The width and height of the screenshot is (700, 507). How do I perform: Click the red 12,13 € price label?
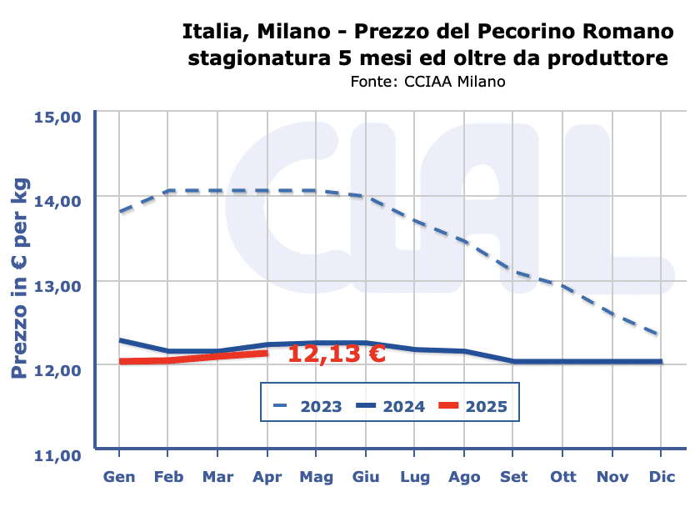coord(336,354)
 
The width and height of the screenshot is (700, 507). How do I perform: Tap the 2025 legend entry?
coord(487,407)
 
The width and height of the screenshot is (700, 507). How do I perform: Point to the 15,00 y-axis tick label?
coord(57,116)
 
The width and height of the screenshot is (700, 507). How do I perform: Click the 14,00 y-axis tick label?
coord(57,200)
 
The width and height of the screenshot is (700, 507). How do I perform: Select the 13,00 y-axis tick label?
coord(57,285)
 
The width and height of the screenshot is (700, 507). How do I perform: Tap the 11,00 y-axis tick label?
coord(57,454)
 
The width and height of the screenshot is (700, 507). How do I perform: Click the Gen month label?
coord(119,477)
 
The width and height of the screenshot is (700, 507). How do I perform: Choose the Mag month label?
coord(316,477)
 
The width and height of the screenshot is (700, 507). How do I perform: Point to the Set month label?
coord(513,477)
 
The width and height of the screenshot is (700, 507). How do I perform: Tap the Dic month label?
coord(661,477)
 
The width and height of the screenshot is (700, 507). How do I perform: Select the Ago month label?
coord(464,477)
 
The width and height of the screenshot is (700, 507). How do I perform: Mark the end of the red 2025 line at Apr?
coord(267,353)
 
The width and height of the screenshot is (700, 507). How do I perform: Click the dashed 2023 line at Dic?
coord(660,335)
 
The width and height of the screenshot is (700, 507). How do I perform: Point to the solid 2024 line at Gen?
coord(120,340)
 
